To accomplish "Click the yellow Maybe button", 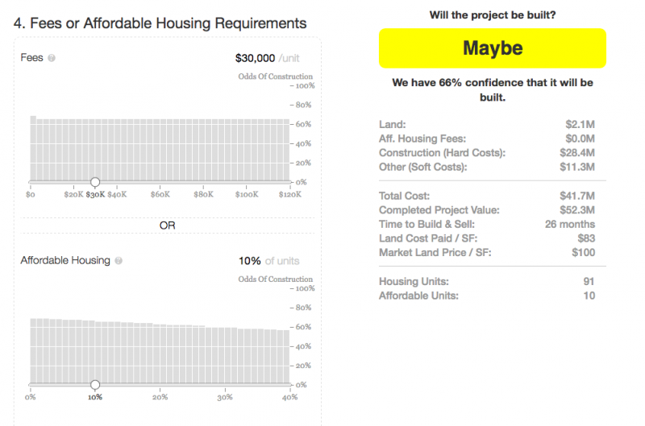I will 492,48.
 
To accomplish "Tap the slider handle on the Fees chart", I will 95,182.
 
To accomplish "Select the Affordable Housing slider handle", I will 95,385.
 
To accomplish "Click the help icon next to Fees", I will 52,58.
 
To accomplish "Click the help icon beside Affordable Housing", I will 119,261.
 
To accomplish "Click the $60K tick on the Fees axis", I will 160,195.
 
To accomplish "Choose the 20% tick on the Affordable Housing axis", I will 160,397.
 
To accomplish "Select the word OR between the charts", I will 167,225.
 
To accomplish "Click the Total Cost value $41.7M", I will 580,196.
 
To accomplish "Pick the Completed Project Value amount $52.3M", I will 580,210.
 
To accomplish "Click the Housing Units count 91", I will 589,281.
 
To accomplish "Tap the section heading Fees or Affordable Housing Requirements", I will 160,23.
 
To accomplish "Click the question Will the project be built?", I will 492,14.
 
